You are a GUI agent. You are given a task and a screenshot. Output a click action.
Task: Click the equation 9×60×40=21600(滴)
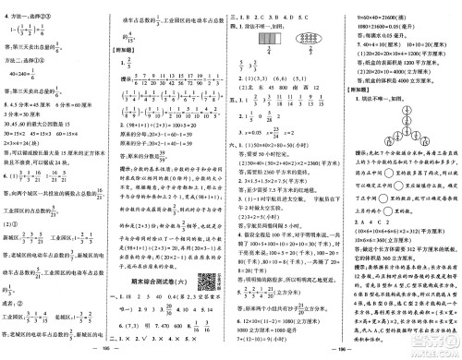394,5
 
